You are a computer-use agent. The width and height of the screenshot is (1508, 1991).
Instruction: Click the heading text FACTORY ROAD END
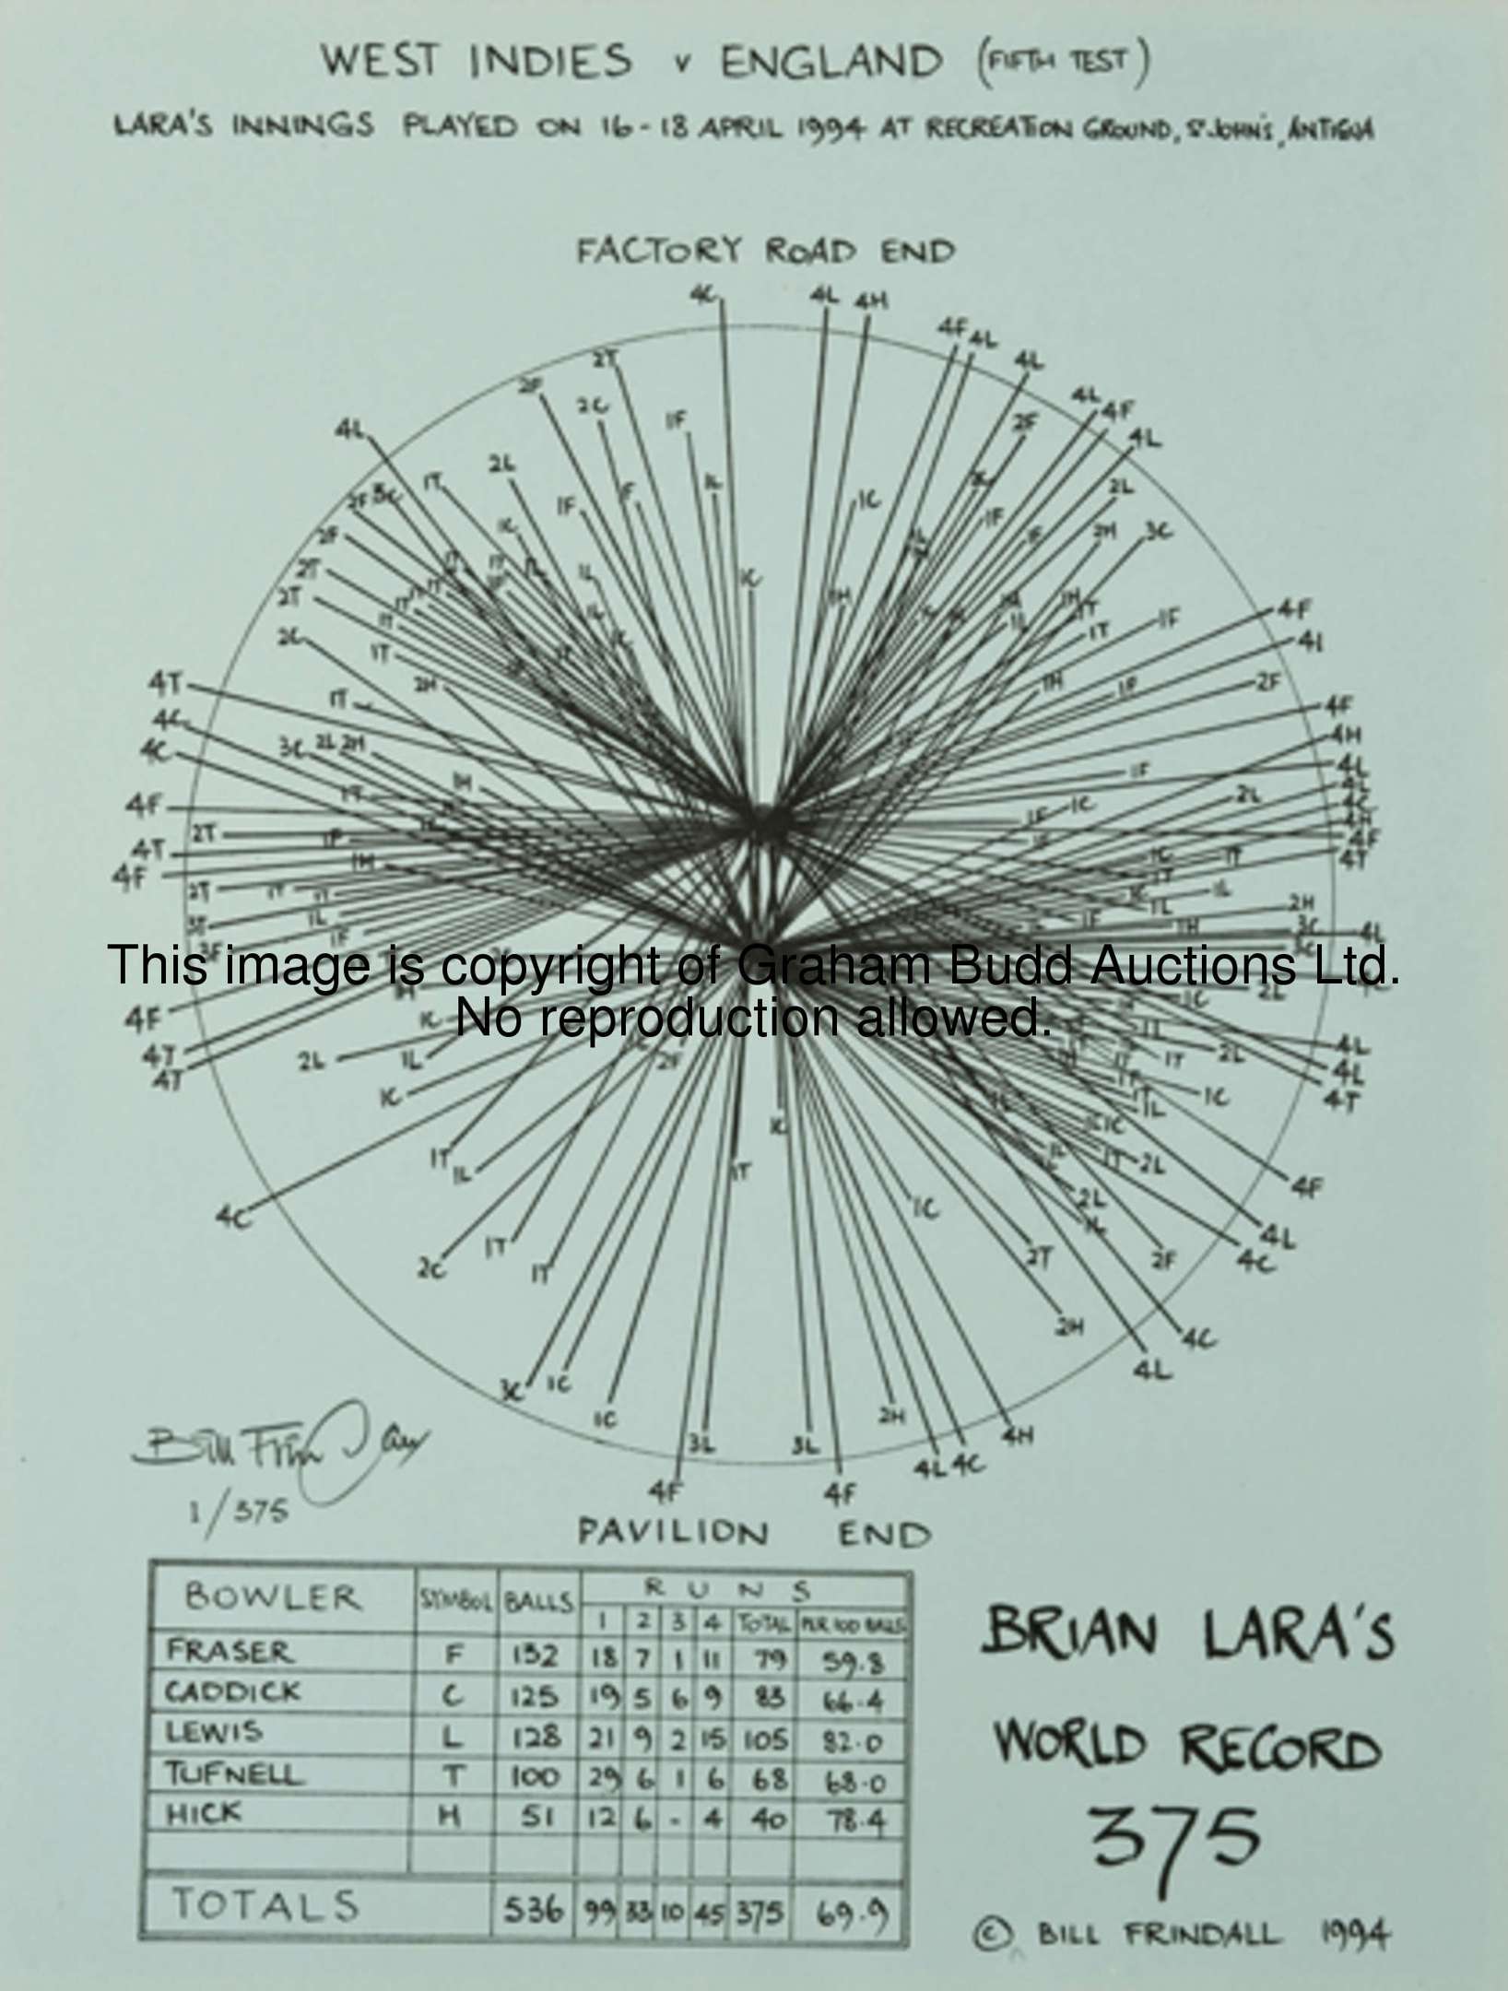point(765,252)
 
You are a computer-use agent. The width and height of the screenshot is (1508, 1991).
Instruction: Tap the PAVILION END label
point(754,1533)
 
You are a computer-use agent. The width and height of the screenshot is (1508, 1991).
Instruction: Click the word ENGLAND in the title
point(831,63)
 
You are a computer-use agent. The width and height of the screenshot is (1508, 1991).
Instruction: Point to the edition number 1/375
point(239,1511)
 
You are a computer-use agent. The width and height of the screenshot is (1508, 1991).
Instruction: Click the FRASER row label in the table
point(228,1652)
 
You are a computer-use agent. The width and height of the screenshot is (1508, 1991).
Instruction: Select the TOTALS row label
point(265,1905)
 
